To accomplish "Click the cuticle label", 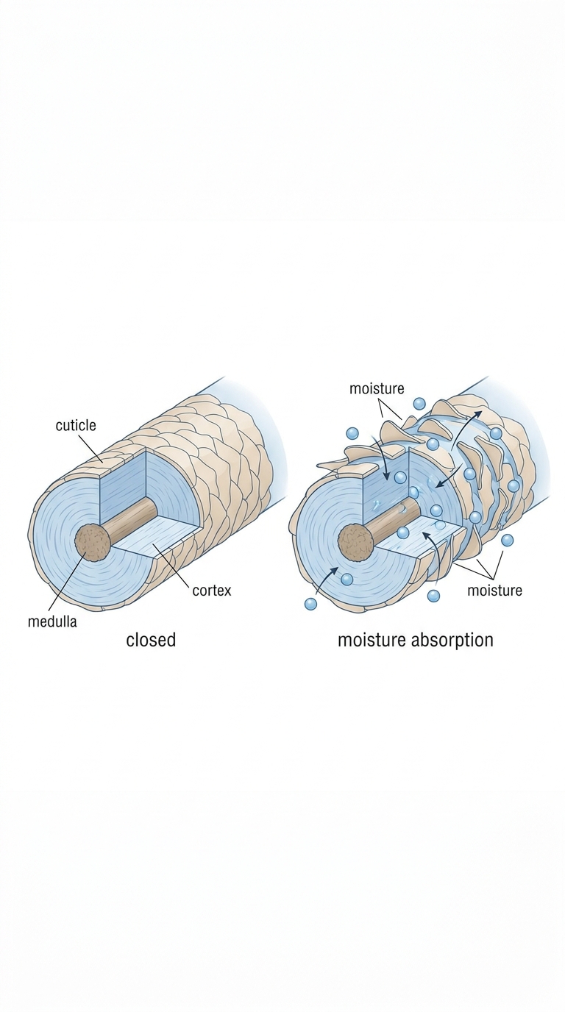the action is coord(76,426).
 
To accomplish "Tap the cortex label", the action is coord(212,590).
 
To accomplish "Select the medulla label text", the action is coord(52,621).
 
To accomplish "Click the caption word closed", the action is coord(151,640).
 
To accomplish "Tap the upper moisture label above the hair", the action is coord(377,388).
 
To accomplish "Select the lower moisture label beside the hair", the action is coord(494,590).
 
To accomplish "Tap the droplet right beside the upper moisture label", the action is coord(420,404).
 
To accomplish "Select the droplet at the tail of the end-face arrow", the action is coord(310,604).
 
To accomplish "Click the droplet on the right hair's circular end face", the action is coord(347,580).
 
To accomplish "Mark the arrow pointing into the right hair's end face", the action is coord(326,580).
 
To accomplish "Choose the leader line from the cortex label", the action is coord(172,565).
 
